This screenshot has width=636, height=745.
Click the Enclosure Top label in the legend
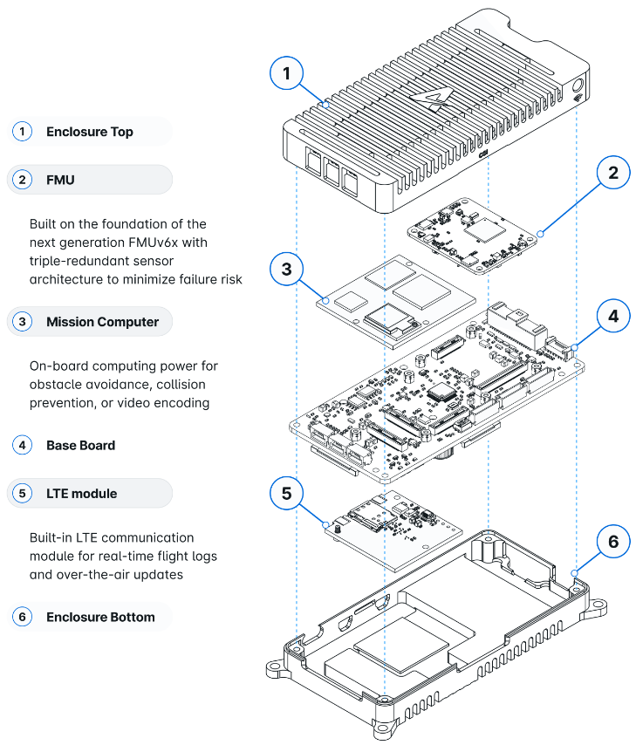90,132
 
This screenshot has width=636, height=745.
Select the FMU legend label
60,181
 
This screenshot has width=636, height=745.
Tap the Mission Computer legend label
102,322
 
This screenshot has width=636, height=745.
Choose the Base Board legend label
80,445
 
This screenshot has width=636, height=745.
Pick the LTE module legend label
81,494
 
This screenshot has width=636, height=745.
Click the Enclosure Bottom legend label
100,617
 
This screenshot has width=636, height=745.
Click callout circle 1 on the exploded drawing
288,74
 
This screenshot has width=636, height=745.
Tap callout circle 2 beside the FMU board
613,173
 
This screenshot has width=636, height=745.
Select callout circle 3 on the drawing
288,269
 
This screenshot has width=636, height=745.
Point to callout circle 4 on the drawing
613,316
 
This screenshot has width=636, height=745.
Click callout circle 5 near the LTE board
288,494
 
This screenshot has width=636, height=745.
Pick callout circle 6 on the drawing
613,542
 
